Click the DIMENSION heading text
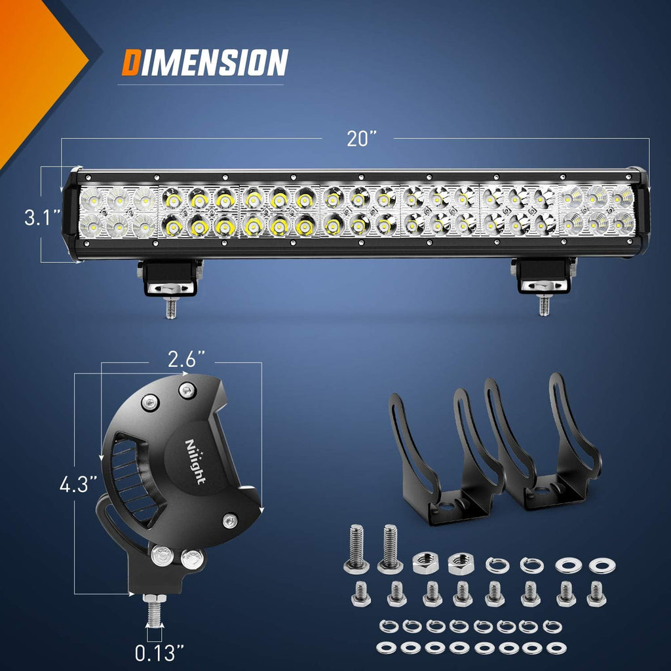[x=204, y=63]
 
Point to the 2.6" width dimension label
[x=186, y=359]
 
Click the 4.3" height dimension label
[x=79, y=486]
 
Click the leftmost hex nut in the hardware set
[x=424, y=562]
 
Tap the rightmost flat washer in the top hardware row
[x=602, y=564]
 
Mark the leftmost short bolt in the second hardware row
[x=361, y=594]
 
